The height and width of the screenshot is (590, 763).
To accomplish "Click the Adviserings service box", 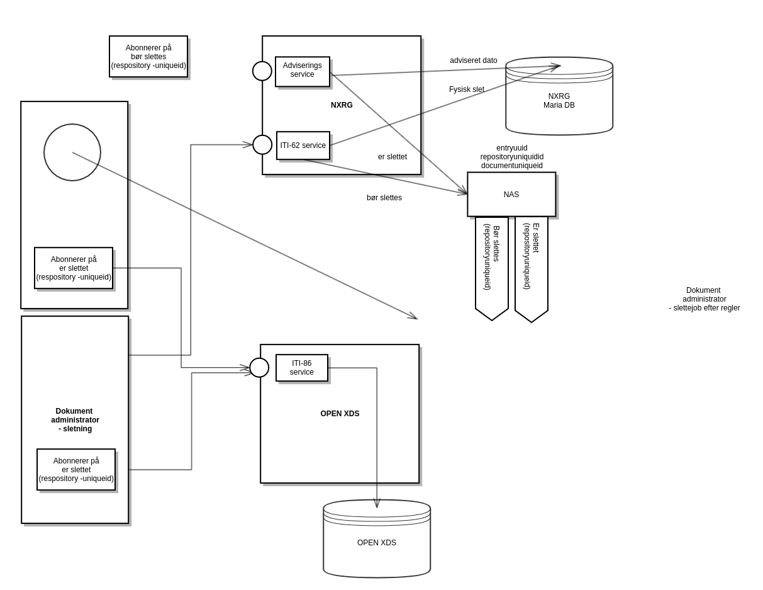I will coord(302,71).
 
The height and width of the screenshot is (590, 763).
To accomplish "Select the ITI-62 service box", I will coord(303,145).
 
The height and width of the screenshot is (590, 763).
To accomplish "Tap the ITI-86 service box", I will coord(302,368).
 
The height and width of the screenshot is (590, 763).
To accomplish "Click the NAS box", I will coord(511,195).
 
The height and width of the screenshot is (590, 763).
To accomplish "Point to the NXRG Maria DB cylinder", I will coord(559,101).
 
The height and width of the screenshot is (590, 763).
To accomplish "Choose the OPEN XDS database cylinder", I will coord(377,543).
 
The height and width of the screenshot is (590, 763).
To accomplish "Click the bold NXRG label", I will coord(342,105).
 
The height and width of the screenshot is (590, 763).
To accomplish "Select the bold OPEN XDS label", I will coord(340,414).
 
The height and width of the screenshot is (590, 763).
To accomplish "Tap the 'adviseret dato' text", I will coord(473,60).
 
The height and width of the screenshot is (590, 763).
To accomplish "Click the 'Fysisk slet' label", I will coord(467,89).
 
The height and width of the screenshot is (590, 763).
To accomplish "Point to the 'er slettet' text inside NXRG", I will coord(393,157).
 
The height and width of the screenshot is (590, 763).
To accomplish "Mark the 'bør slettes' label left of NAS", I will coord(384,198).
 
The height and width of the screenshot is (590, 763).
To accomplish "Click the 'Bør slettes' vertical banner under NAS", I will coord(492,264).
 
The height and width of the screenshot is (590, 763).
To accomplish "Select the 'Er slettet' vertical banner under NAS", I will coord(532,264).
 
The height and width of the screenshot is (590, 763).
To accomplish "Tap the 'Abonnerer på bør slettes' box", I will coord(148,57).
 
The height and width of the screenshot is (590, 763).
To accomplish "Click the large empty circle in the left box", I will coord(72,152).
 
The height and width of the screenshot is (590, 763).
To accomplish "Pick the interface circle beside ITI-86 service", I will coord(259,368).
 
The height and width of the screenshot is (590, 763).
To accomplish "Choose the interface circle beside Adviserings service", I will coord(262,71).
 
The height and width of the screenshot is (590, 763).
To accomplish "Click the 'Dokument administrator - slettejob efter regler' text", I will coord(704,299).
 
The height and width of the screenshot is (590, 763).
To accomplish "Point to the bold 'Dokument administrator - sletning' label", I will coord(75,420).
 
